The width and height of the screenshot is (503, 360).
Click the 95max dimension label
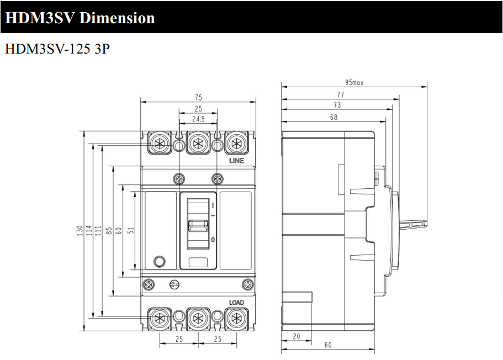(354, 82)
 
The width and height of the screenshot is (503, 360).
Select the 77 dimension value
(340, 94)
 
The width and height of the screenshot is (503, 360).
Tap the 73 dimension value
(337, 105)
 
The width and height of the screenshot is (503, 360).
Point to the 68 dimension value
(333, 117)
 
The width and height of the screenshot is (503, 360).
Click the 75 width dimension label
(198, 98)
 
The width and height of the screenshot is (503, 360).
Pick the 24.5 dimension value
(198, 119)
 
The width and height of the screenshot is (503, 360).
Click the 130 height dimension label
(80, 231)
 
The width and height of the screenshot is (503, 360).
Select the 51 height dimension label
(131, 230)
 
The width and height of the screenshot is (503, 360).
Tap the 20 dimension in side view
(296, 336)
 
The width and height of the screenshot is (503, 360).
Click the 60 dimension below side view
(327, 345)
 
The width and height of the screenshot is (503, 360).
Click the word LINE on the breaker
(236, 161)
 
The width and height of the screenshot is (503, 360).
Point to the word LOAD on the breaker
(236, 302)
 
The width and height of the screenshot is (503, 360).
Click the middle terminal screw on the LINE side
(198, 143)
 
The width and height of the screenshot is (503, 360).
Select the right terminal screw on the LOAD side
(236, 319)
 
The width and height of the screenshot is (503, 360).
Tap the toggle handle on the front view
(198, 226)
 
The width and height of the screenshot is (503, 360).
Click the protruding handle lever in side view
(413, 224)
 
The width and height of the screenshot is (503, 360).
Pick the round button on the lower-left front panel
(159, 262)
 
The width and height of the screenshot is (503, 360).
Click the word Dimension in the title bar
(117, 18)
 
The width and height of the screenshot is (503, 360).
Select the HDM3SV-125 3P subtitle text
(57, 49)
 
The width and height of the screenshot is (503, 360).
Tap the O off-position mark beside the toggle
(213, 240)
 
